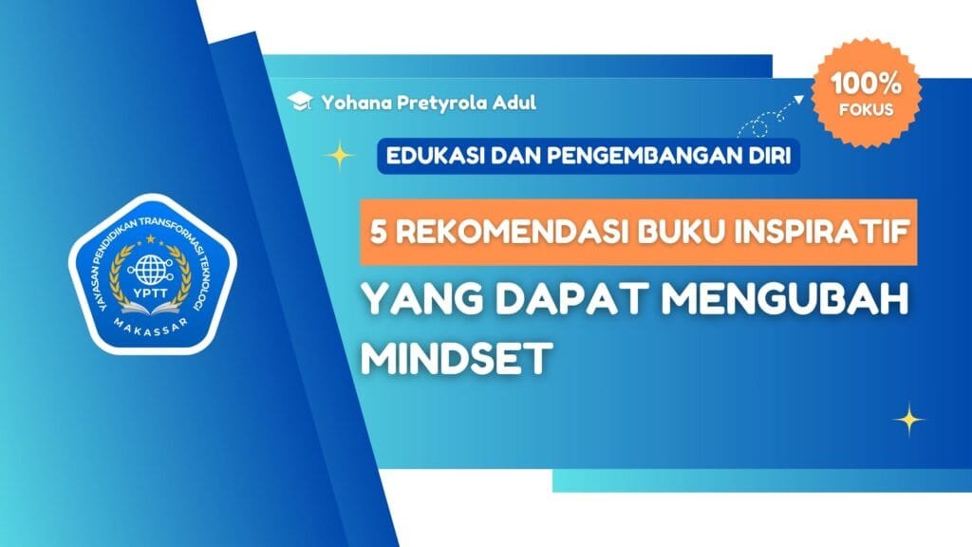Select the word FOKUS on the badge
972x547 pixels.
coord(866,108)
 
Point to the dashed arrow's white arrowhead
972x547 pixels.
coord(802,97)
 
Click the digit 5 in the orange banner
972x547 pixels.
coord(378,232)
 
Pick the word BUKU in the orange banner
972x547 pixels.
coord(658,232)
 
